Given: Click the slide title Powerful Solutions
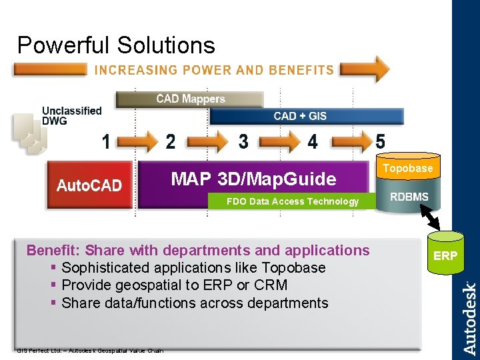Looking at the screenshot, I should (116, 45).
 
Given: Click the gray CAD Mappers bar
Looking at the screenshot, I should (190, 99).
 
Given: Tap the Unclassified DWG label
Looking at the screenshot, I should (72, 115).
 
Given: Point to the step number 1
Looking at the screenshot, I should (106, 142).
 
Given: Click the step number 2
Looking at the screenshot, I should (171, 142).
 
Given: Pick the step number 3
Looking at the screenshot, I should (243, 142).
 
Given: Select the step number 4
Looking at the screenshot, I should (313, 142).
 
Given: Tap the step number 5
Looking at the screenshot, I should (380, 142).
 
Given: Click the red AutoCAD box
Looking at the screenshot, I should (89, 185).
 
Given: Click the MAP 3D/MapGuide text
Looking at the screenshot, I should (253, 179).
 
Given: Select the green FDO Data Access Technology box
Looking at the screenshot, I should (292, 201).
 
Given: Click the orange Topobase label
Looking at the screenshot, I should (408, 168).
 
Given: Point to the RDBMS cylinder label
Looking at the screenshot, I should (409, 197).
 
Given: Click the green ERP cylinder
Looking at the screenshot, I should (445, 256).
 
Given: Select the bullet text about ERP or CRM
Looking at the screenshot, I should (174, 285).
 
